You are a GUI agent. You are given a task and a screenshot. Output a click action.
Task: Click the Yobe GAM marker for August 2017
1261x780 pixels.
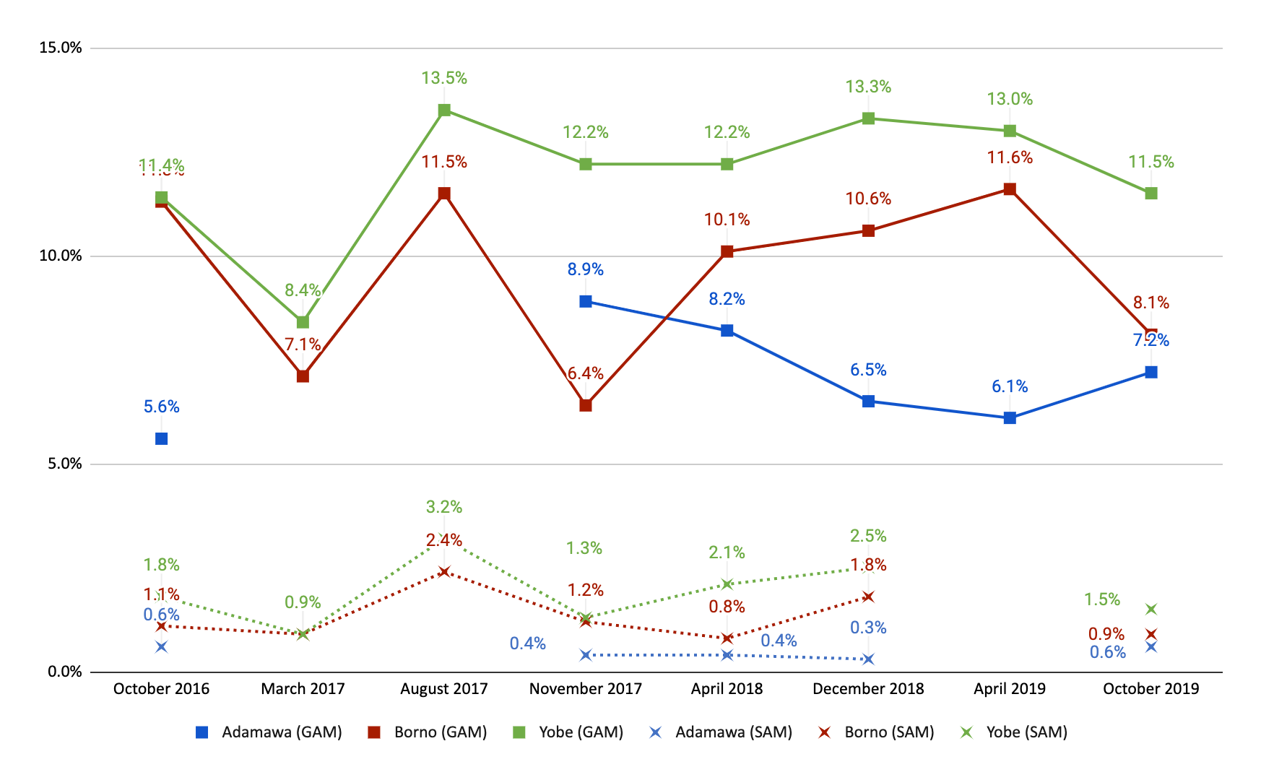tap(444, 110)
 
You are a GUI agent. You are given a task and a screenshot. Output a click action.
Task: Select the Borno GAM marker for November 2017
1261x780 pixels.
tap(586, 405)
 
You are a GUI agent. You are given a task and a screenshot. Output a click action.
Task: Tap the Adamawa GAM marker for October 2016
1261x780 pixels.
tap(161, 438)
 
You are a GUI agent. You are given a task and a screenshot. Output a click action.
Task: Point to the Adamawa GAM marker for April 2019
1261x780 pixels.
tap(1010, 418)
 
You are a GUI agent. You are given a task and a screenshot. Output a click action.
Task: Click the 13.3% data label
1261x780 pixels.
tap(868, 87)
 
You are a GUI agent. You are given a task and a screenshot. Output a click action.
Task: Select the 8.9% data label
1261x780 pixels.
tap(585, 269)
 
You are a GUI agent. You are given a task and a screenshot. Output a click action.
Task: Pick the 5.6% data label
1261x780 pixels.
tap(161, 407)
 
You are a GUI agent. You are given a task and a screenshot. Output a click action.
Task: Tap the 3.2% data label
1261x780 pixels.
tap(444, 507)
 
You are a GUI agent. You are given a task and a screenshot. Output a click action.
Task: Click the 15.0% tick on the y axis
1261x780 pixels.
tap(61, 48)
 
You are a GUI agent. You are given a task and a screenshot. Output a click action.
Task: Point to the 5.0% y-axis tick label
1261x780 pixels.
tap(64, 464)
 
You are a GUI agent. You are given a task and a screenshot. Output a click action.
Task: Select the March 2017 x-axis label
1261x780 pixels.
tap(303, 688)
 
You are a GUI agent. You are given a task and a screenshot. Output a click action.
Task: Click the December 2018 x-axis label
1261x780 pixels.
tap(868, 688)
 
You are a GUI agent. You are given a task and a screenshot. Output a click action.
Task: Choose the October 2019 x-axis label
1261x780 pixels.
tap(1150, 688)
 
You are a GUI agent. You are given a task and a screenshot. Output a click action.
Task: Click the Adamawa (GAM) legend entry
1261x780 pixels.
tap(269, 732)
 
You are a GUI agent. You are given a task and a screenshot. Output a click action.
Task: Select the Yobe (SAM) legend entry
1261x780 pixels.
tap(1014, 732)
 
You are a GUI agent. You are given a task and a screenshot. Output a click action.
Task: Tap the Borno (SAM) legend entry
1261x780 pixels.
tap(876, 732)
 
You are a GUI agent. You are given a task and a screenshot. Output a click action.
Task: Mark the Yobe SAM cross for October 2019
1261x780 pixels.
tap(1151, 610)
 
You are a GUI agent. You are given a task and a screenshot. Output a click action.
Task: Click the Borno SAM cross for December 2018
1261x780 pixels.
tap(868, 597)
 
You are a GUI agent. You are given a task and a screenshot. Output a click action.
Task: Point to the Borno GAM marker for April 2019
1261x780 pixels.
tap(1010, 189)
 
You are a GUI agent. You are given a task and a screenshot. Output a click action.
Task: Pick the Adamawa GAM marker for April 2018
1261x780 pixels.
tap(727, 331)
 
